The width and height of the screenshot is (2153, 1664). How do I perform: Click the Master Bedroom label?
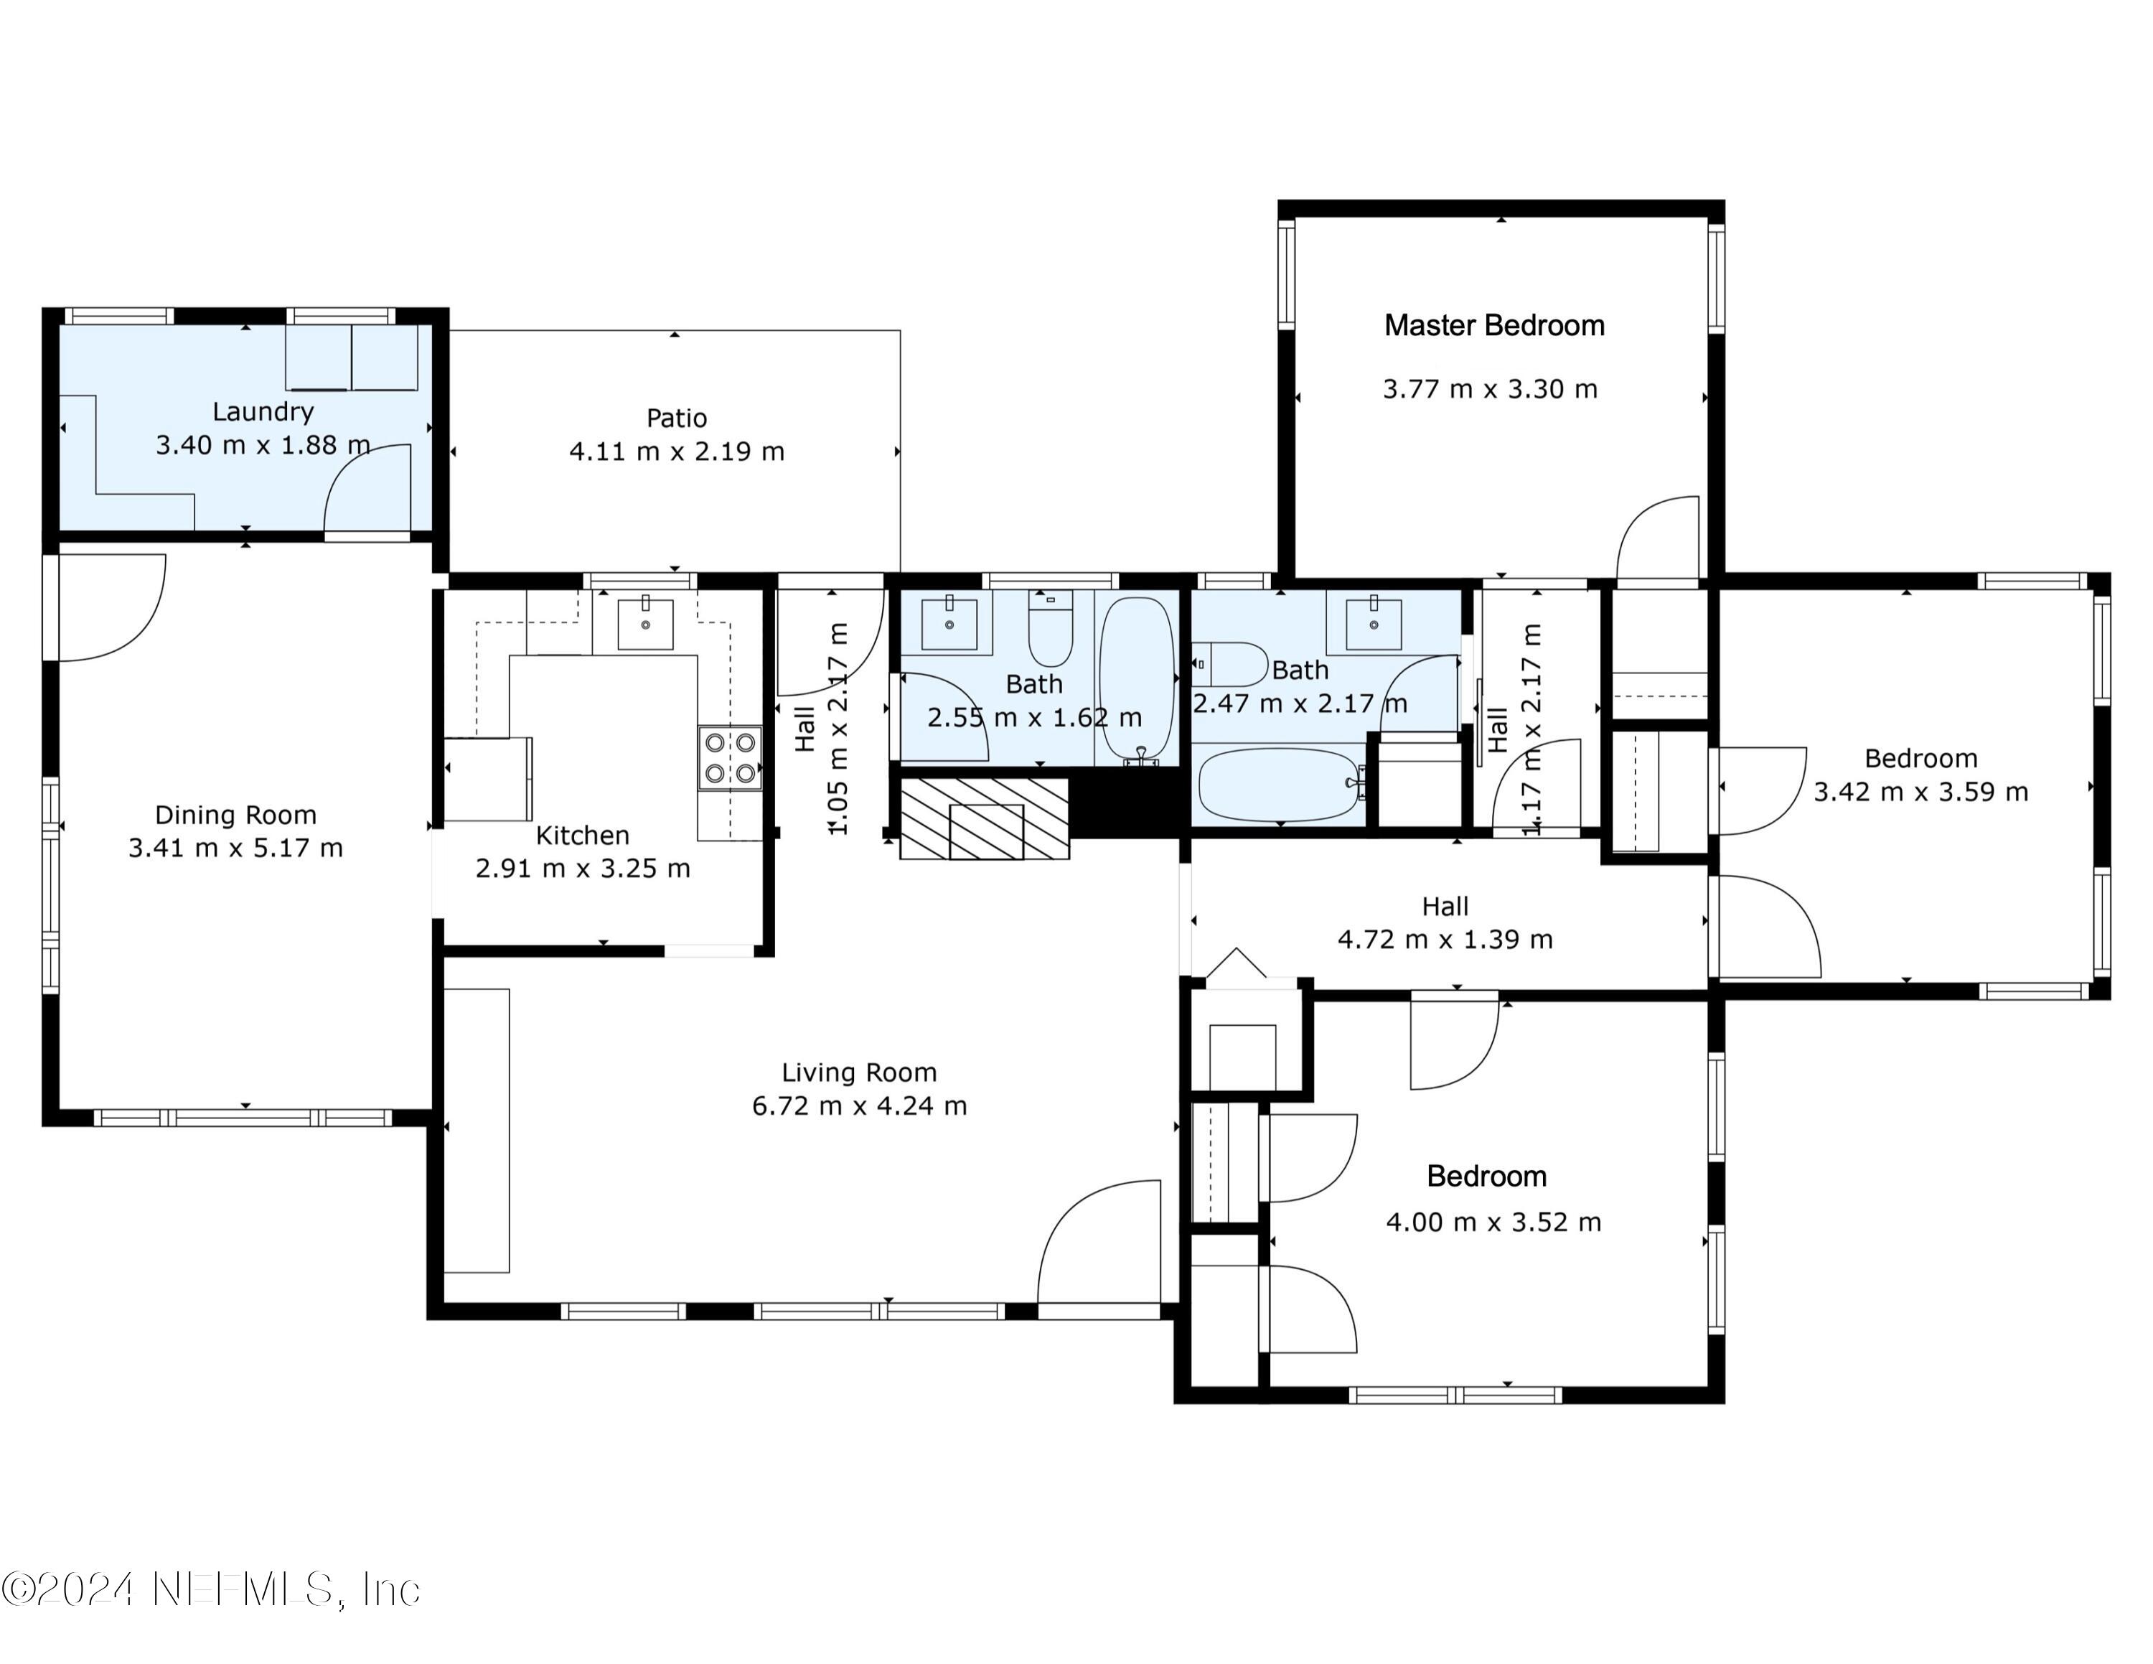1493,325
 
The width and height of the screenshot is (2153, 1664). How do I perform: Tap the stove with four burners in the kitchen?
729,757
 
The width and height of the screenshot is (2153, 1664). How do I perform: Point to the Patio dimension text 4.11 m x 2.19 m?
676,452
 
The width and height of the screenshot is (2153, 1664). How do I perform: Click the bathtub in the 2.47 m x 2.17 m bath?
1280,785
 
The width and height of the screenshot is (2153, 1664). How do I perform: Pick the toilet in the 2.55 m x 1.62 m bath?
1050,631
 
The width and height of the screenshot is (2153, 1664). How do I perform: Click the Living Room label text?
858,1072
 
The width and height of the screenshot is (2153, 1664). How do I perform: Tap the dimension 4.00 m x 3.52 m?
1493,1223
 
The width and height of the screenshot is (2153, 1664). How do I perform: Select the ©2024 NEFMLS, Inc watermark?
211,1590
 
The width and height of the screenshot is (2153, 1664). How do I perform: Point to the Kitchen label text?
581,835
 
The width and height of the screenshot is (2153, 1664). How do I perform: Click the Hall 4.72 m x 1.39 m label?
1444,922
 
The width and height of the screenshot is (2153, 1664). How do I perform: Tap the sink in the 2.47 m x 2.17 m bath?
1373,621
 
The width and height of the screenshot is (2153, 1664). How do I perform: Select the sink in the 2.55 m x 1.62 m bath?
948,621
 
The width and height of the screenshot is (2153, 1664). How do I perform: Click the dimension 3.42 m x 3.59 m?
1920,792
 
